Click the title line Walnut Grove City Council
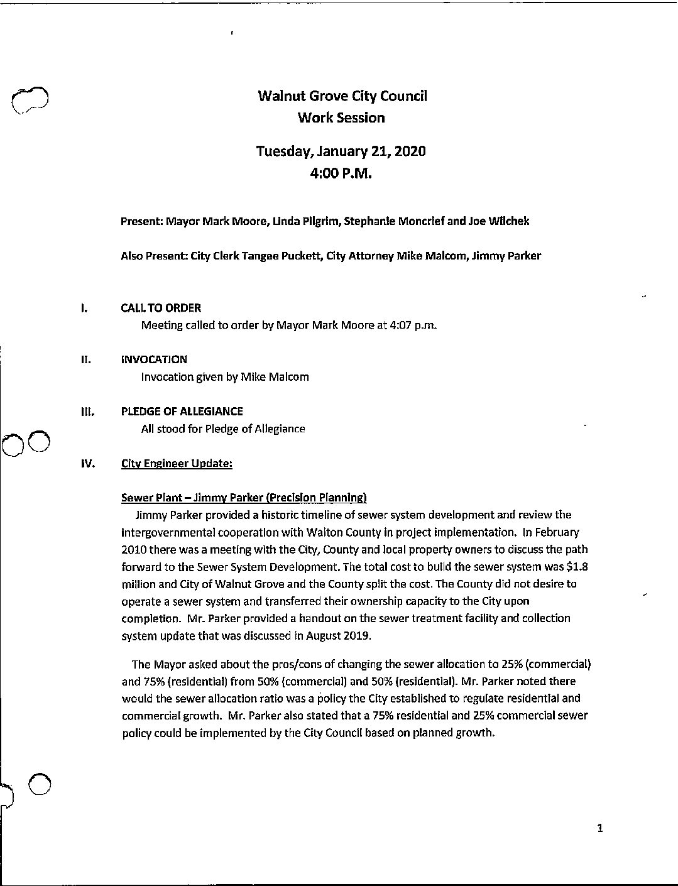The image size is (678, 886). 342,96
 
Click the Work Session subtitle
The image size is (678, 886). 341,118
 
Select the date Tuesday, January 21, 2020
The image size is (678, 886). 341,151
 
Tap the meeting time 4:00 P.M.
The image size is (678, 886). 341,173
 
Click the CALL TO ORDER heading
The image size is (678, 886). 161,308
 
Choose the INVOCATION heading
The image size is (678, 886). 154,359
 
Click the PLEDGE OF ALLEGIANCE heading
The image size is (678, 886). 182,412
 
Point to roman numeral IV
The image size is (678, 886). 87,464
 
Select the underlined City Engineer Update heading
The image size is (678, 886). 177,464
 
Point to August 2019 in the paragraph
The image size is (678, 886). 339,635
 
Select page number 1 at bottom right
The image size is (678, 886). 600,829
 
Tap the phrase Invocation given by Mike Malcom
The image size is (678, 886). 225,377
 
